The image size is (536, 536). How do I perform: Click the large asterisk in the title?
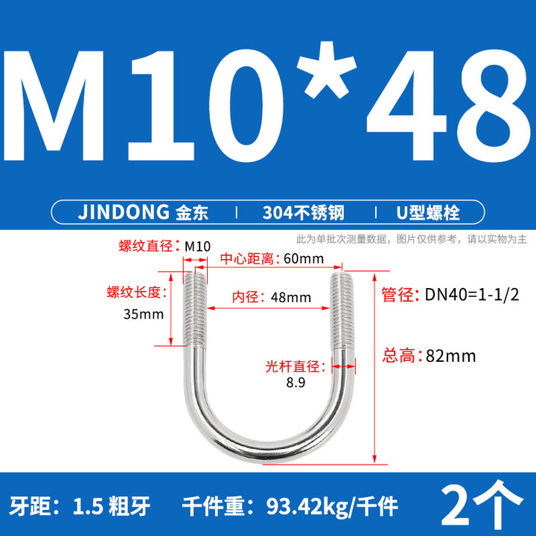327,70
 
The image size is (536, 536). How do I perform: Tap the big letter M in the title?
54,106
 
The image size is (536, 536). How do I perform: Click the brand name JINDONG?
124,212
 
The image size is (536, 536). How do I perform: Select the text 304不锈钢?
303,212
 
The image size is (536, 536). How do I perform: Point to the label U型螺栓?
427,212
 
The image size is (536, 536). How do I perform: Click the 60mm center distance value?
304,259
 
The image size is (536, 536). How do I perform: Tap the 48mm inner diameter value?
291,297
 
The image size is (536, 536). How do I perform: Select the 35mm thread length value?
144,314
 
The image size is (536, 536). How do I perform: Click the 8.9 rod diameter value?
296,382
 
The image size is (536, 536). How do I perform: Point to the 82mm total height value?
450,356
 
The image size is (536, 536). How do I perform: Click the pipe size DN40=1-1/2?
472,294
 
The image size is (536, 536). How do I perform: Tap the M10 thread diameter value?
197,246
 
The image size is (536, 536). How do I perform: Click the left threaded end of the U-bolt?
195,309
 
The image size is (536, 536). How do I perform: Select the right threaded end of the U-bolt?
342,310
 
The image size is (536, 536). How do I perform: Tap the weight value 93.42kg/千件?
332,506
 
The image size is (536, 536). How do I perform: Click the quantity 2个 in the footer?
482,502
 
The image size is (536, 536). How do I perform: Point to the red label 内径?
245,297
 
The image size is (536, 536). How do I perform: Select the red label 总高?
398,356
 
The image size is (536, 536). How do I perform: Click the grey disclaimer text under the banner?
411,239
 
